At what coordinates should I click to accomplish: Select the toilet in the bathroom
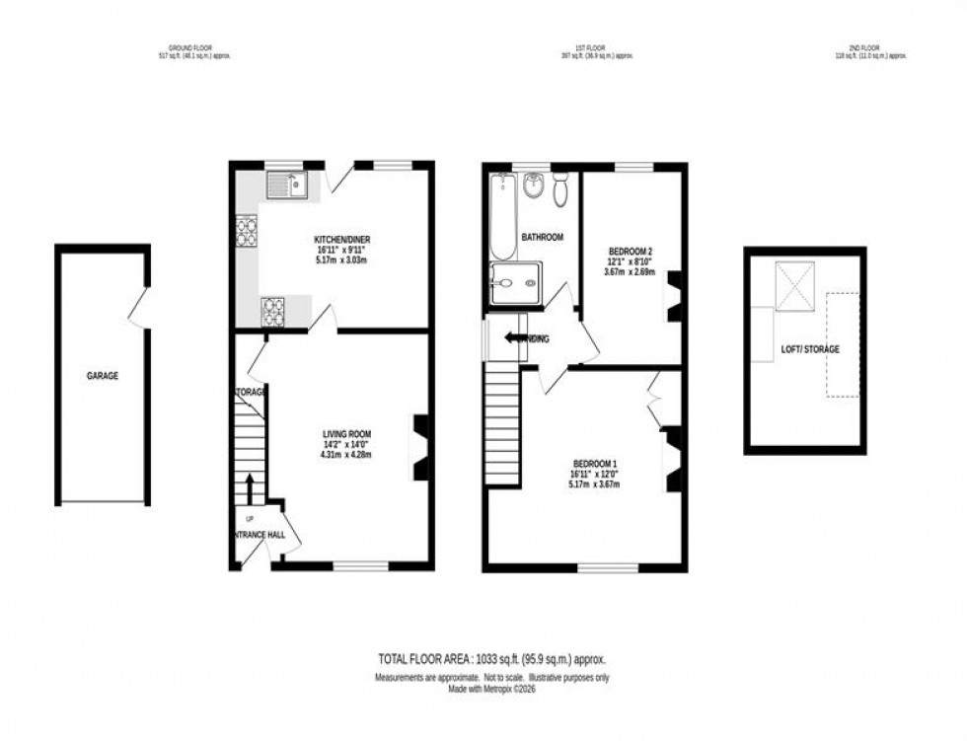[x=560, y=188]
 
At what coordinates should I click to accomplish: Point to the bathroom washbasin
[x=533, y=184]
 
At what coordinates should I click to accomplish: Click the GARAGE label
[x=103, y=376]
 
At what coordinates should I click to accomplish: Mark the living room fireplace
[x=420, y=447]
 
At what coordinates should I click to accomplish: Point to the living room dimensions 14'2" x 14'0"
[x=345, y=445]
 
